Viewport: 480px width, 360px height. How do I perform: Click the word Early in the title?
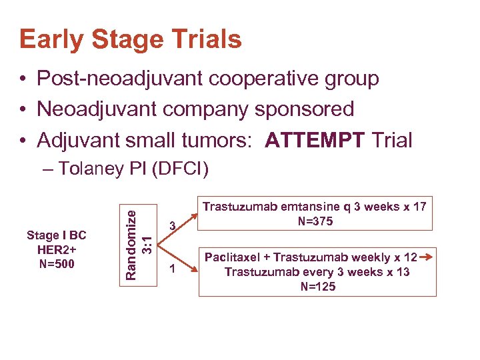pos(51,40)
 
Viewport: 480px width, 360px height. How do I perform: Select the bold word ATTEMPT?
pos(315,140)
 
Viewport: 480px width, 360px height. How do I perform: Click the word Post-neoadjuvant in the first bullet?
pos(120,79)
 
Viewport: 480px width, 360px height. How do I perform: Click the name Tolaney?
pos(99,169)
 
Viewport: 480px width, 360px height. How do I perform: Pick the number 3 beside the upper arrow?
pos(171,227)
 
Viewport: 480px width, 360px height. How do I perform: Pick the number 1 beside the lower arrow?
pos(171,269)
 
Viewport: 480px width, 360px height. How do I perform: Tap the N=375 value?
pos(314,221)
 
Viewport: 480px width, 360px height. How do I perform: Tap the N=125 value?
pos(317,287)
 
